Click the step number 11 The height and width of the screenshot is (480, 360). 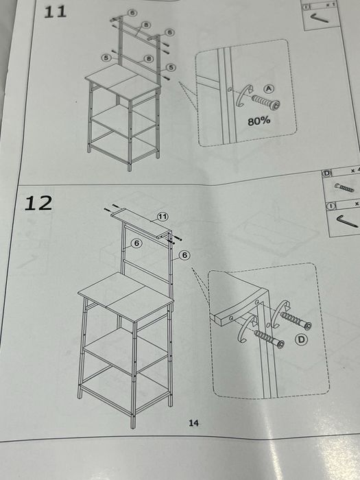tap(56, 12)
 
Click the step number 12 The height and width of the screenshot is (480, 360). tap(38, 203)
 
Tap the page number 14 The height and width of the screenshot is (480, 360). tap(193, 423)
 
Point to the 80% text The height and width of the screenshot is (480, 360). tap(259, 121)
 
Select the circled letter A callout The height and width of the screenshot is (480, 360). tap(269, 88)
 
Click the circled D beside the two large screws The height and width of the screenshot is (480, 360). tap(301, 339)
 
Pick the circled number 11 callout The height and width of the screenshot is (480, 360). tap(163, 217)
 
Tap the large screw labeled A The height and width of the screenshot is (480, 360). tap(265, 102)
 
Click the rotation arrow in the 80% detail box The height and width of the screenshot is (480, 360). tap(244, 96)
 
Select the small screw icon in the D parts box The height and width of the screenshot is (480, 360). tap(344, 188)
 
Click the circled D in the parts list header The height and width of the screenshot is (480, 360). tap(326, 173)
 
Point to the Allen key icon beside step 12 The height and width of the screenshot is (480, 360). tap(347, 221)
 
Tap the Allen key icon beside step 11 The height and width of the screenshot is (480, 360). tap(320, 18)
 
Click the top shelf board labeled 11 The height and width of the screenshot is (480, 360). tap(141, 223)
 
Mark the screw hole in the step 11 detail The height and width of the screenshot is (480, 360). tap(230, 90)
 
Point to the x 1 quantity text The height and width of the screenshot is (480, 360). tap(330, 5)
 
